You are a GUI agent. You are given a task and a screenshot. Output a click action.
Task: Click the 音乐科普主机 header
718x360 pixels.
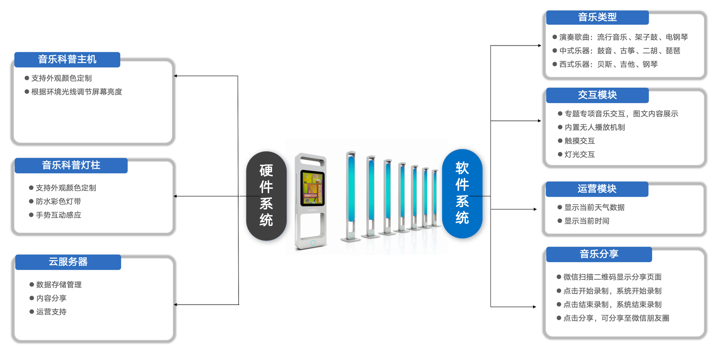click(67, 60)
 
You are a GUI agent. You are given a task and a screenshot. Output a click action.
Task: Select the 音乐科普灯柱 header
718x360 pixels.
click(71, 165)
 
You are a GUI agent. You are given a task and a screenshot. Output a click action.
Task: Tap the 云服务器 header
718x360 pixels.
click(68, 262)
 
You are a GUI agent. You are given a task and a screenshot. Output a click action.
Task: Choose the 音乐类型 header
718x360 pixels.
click(597, 17)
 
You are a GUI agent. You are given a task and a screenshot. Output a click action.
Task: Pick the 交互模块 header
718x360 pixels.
click(597, 95)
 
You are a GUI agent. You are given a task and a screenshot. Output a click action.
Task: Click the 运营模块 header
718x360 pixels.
click(597, 189)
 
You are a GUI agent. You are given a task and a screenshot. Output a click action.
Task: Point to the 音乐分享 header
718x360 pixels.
click(599, 254)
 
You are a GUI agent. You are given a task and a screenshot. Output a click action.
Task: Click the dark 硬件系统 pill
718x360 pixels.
click(266, 196)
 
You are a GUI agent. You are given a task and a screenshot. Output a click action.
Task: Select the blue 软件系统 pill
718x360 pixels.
click(462, 194)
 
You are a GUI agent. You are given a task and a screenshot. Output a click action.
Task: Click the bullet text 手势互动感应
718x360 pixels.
click(58, 215)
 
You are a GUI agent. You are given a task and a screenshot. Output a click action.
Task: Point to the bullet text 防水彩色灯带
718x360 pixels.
click(58, 202)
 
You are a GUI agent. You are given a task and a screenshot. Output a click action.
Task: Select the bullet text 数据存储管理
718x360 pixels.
click(59, 285)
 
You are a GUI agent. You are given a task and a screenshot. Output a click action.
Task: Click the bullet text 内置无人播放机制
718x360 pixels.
click(595, 127)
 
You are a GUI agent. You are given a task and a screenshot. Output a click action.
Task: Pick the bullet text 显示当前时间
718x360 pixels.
click(587, 221)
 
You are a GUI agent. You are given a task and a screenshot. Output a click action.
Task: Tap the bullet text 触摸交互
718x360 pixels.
click(580, 141)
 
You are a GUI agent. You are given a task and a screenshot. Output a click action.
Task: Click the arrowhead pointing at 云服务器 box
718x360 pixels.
click(175, 305)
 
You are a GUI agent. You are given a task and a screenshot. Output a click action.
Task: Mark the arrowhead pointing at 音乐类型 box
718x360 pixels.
click(539, 46)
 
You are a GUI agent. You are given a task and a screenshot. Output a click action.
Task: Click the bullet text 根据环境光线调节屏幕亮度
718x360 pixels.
click(77, 92)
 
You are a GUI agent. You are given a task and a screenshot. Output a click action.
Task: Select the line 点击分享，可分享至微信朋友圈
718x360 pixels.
click(616, 318)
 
